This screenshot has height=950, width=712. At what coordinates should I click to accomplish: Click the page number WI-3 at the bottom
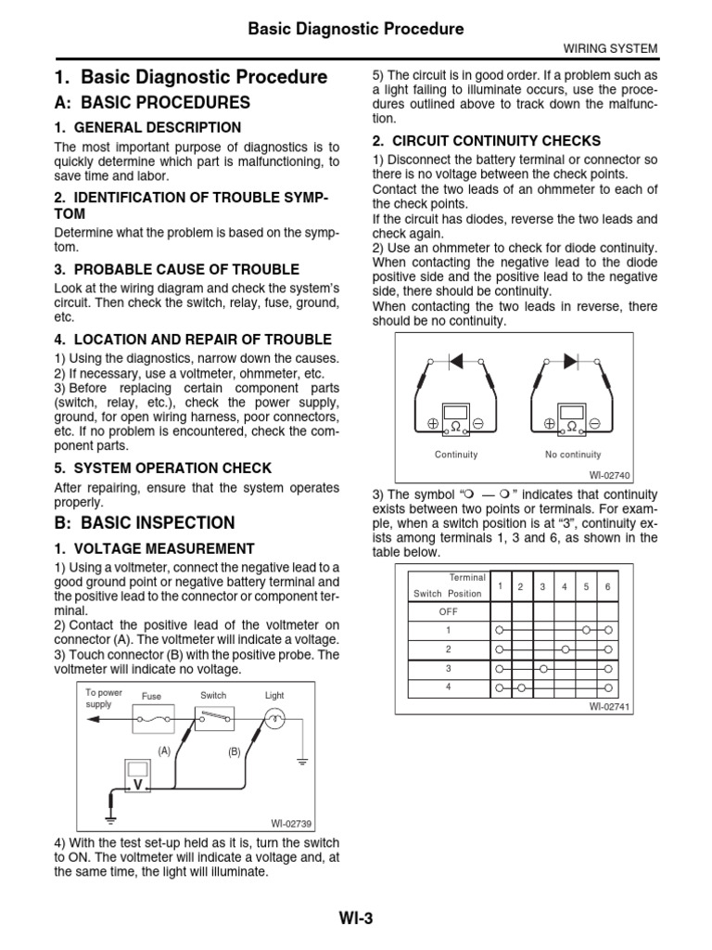355,918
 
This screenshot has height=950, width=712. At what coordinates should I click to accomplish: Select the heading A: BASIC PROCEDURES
152,102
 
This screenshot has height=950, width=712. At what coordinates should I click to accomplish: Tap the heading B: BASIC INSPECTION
145,522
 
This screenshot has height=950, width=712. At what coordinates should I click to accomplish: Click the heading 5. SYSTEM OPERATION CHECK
163,468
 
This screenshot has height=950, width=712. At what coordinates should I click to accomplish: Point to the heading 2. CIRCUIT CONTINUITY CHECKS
487,141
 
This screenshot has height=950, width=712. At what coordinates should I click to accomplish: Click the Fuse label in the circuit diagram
151,696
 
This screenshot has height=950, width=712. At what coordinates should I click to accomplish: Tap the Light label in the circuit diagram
274,695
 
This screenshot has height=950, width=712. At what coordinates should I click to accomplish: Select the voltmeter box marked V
138,781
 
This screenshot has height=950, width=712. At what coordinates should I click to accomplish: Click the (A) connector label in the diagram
164,751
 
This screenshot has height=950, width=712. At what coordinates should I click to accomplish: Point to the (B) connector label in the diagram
234,752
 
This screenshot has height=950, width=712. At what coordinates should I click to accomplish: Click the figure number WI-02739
292,823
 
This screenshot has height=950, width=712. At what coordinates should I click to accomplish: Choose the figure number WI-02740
609,475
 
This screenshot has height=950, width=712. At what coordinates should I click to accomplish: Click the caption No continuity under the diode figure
573,455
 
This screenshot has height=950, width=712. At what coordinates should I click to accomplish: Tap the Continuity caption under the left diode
456,455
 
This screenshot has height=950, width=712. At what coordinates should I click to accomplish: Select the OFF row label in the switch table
448,611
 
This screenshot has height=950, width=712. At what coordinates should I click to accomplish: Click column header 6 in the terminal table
607,586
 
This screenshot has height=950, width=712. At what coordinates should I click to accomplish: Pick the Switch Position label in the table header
448,594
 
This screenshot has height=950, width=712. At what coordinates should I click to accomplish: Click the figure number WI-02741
609,706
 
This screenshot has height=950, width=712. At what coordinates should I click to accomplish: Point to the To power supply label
103,698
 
